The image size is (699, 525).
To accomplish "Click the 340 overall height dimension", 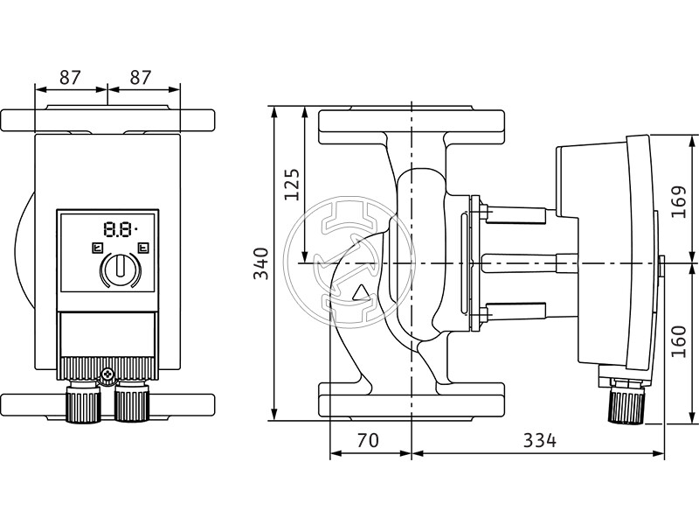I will click(260, 263).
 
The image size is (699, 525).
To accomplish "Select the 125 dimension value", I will click(292, 185).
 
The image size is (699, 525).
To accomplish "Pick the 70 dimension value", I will click(368, 440).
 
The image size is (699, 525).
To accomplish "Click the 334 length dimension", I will click(539, 440).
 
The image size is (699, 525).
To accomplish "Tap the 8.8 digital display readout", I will click(118, 231).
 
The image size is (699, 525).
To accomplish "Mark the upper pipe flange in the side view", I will click(411, 127).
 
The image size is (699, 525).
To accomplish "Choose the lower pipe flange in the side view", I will click(411, 400).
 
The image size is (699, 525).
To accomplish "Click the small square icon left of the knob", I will click(94, 248).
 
